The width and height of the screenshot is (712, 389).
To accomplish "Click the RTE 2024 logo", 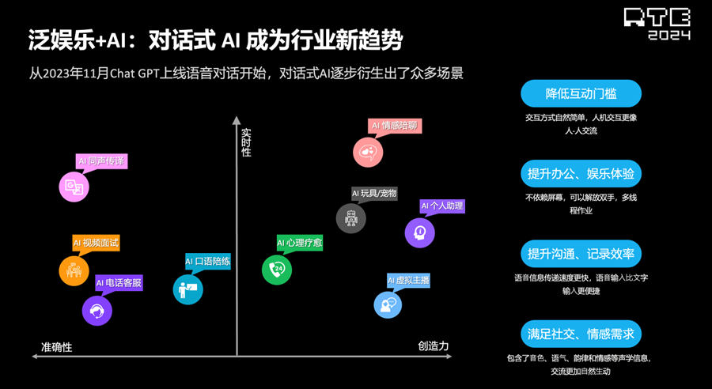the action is pos(657,24).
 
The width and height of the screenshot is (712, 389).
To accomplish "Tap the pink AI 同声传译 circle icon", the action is pos(74,187).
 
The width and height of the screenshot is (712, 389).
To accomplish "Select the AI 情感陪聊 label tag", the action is pos(395,126).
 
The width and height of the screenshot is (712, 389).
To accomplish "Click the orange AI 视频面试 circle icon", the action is pos(74,270).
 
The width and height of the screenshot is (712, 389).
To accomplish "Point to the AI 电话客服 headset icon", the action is pos(97,311).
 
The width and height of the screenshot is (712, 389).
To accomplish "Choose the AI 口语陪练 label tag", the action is pos(207,262).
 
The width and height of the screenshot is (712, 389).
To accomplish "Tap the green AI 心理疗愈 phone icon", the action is pos(277,270).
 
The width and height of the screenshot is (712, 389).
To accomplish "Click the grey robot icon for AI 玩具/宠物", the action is pos(350,218).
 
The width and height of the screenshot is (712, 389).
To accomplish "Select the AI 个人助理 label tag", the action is pos(441,206).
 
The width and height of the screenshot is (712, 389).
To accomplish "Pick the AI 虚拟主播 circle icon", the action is pos(388,304).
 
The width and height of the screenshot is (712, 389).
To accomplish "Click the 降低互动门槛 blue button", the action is pos(581,93).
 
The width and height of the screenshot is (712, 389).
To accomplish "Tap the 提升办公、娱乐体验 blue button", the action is pos(581,173).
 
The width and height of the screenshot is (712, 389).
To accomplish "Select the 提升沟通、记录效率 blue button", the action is pos(581,253).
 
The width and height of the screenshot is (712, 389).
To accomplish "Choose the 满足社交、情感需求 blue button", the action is pos(581,334).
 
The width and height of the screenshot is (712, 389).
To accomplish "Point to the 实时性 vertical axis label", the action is pos(246,142).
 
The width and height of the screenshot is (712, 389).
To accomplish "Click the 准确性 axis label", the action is pos(57,347).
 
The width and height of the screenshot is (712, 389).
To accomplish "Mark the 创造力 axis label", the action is pos(434,346).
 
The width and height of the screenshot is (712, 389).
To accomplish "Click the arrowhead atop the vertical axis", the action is pos(236,120).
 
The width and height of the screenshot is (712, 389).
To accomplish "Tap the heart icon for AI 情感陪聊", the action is pos(368,152).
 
